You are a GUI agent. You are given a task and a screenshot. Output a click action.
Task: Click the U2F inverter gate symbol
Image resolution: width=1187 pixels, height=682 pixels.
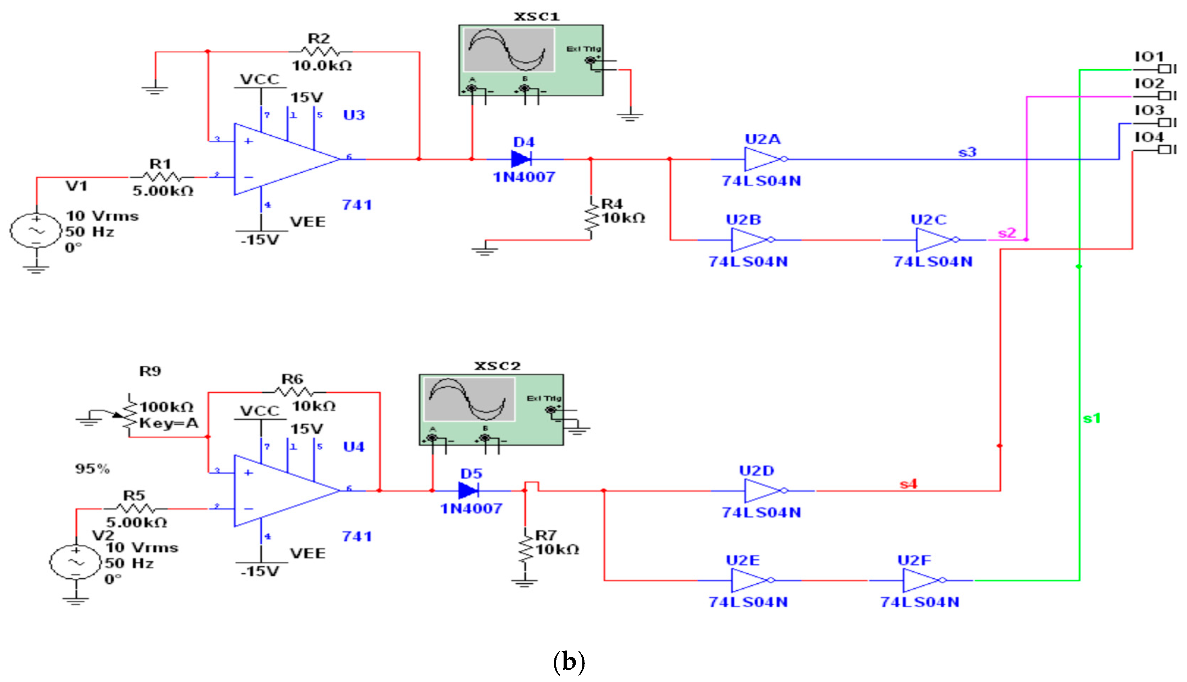click(921, 580)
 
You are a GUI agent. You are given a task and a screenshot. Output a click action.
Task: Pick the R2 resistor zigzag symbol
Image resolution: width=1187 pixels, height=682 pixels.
click(320, 52)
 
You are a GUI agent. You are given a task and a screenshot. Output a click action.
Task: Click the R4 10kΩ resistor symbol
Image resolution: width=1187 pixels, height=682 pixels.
click(592, 218)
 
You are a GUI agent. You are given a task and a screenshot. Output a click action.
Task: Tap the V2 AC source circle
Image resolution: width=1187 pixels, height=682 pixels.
click(75, 562)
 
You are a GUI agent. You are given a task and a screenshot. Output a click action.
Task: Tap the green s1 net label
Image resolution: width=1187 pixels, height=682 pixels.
click(1091, 418)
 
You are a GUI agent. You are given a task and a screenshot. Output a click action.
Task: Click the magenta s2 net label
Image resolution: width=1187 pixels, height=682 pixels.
click(1006, 233)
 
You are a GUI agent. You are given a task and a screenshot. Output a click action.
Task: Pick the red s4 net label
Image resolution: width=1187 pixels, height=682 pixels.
click(908, 484)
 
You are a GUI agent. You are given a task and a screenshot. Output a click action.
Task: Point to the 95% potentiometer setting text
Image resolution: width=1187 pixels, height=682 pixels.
click(92, 468)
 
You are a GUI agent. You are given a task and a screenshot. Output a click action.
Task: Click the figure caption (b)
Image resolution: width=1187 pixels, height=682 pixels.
click(569, 662)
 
